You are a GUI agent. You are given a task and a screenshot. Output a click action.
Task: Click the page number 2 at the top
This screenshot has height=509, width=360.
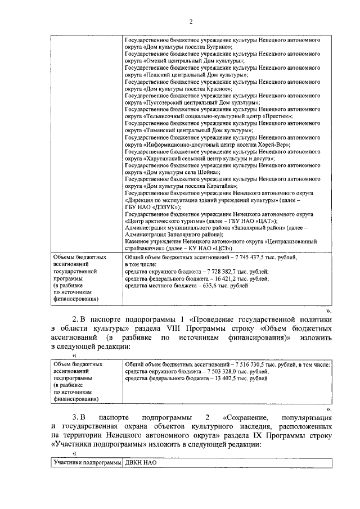tap(191, 22)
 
